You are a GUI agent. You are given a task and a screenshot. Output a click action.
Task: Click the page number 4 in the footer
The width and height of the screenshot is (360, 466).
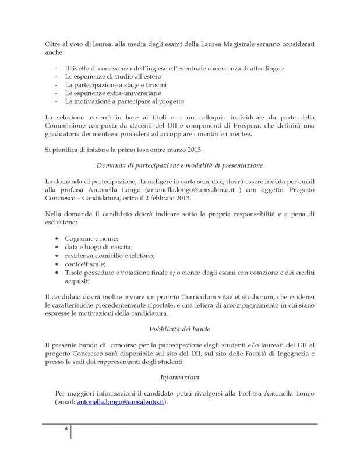click(66, 430)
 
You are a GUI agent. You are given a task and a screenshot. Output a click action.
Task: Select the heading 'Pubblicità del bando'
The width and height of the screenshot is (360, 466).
click(179, 328)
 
